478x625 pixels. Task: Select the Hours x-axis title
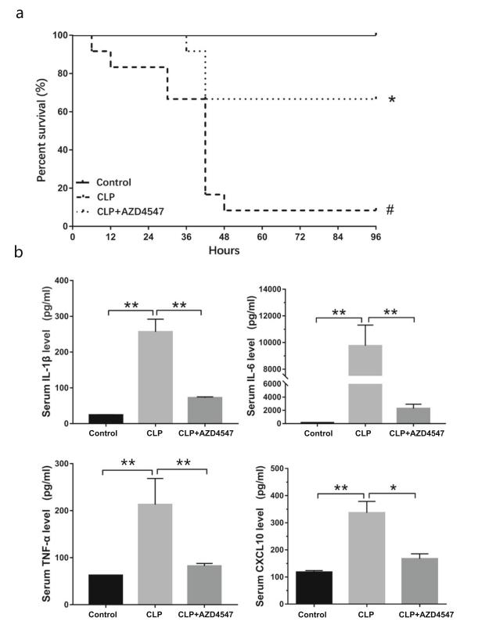click(x=225, y=251)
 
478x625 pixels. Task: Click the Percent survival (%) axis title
click(x=41, y=130)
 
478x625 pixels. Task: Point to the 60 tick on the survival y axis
click(x=58, y=112)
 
